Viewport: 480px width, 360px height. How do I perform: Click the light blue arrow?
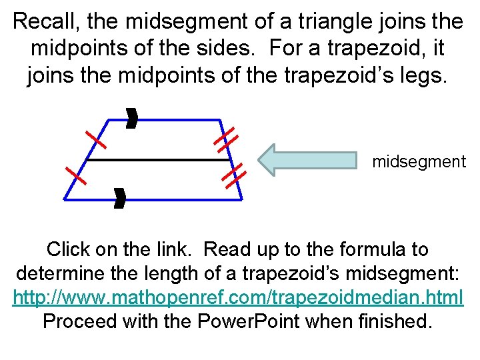[x=307, y=160]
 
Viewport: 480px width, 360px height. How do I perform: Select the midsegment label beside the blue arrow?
[x=419, y=161]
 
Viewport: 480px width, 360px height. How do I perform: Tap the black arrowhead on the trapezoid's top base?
[x=132, y=120]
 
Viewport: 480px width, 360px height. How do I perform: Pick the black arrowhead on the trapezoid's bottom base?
[x=119, y=198]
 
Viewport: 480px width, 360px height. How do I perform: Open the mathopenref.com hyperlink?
[x=239, y=297]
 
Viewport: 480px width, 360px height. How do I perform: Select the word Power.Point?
[x=251, y=321]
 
